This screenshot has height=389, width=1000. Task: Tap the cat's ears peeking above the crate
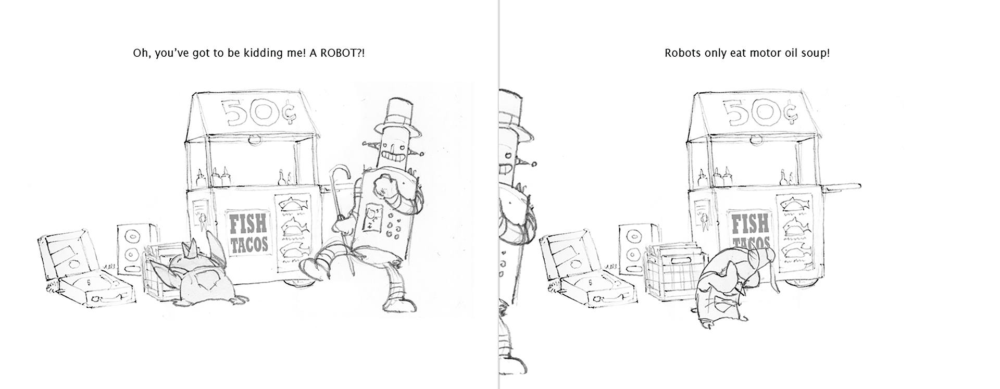(x=195, y=248)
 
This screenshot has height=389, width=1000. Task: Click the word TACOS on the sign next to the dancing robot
(x=249, y=245)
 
